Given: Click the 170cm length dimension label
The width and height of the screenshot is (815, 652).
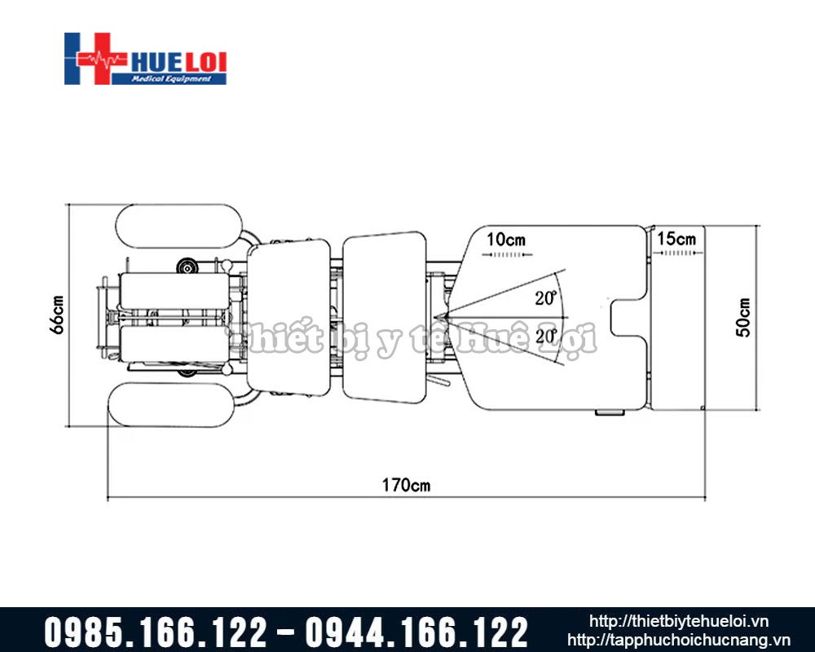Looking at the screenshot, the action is [x=406, y=485].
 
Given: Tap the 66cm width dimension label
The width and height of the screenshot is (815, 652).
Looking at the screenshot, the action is [x=57, y=315].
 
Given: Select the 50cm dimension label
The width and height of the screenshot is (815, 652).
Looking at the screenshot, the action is [x=743, y=317].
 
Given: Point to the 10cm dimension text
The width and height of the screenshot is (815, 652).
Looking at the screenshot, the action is [x=506, y=240].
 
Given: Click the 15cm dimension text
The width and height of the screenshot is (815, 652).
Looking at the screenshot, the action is [x=676, y=239].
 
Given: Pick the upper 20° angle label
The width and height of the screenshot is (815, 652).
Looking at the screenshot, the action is [x=546, y=298].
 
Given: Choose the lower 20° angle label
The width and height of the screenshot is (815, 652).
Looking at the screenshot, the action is [x=546, y=337].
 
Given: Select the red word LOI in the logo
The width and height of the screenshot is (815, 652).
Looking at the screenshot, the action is [x=206, y=63].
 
